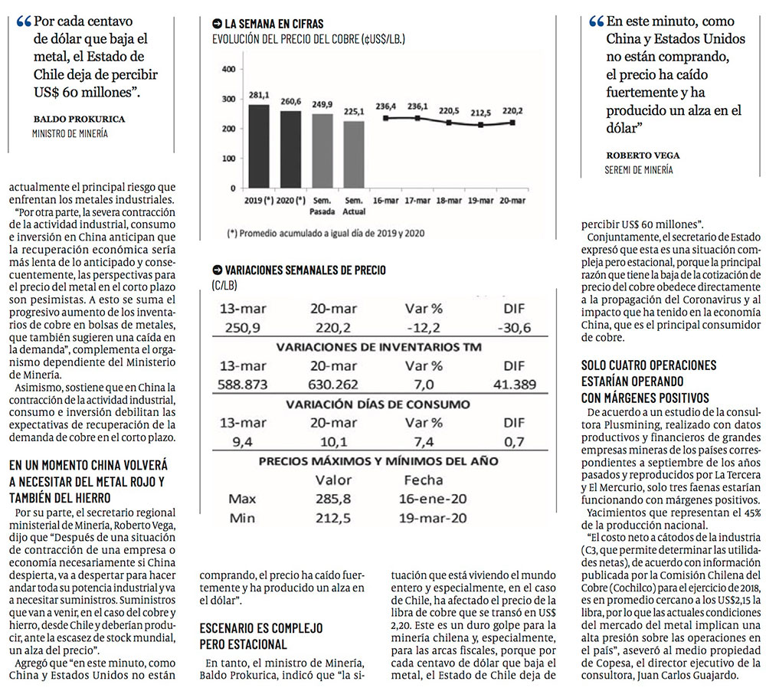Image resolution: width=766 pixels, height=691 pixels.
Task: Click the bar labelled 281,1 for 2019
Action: coord(259,146)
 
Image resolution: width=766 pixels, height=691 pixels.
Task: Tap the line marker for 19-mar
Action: coord(481,125)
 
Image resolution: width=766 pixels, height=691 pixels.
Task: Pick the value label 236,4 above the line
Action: coord(385,106)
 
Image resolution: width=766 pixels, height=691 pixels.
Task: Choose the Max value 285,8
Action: coord(333,499)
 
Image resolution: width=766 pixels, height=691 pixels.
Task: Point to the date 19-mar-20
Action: coord(433,518)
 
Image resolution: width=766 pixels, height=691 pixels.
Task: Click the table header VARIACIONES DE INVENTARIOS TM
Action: coord(378,346)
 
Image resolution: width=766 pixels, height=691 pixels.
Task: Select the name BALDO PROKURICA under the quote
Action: coord(79,120)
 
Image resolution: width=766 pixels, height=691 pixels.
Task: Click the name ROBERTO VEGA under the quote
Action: coord(643,156)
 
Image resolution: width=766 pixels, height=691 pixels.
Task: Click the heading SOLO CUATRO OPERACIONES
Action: coord(649,365)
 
